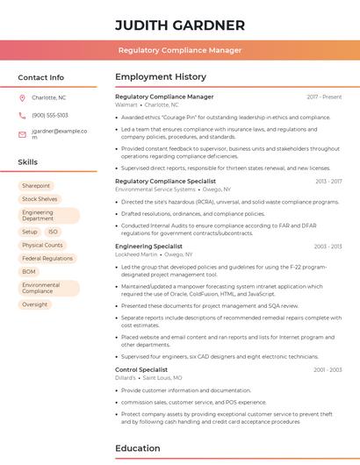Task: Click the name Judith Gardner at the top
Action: coord(179,25)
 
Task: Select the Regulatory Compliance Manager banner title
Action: coord(179,50)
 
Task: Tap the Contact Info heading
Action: coord(40,77)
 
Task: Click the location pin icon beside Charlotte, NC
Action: coord(22,97)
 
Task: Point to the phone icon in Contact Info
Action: coord(22,115)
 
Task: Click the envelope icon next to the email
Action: coord(22,134)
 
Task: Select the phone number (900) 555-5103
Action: coord(50,115)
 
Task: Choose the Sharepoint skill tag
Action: coord(36,186)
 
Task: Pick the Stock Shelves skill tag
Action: coord(40,199)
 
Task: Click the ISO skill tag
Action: coord(53,232)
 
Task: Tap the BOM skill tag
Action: coord(29,272)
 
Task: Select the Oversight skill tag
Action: coord(35,304)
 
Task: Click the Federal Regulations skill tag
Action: coord(47,259)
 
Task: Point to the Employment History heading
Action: coord(161,77)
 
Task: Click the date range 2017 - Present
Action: coord(324,97)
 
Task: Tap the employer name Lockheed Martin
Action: coord(136,254)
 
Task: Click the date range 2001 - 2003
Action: coord(328,370)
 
